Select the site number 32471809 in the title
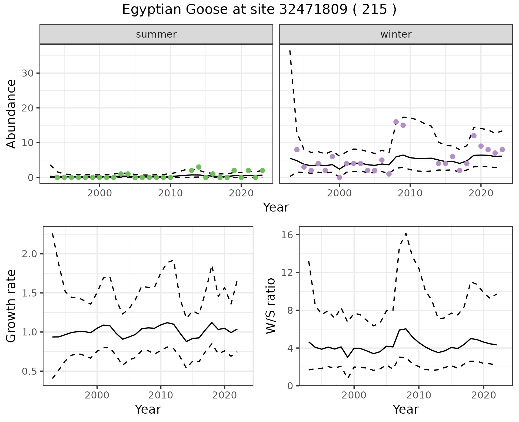[313, 10]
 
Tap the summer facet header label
[156, 34]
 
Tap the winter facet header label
[396, 34]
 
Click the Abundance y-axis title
[11, 114]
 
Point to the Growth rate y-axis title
[11, 306]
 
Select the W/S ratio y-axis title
[270, 306]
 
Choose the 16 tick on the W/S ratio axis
[287, 235]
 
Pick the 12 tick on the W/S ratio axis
[287, 272]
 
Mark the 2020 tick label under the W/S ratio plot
[483, 395]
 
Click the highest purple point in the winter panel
[396, 122]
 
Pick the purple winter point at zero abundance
[339, 177]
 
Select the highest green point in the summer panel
[199, 167]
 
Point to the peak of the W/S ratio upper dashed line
[406, 233]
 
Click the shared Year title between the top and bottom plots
[276, 207]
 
